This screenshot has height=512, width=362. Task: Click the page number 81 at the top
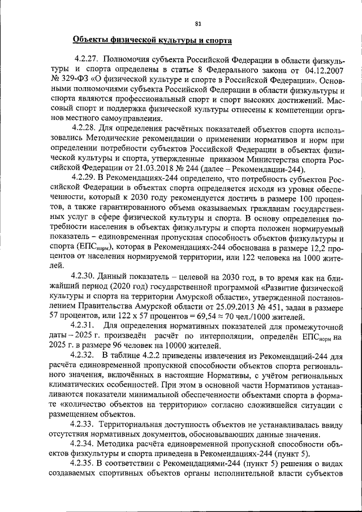[x=197, y=24]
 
